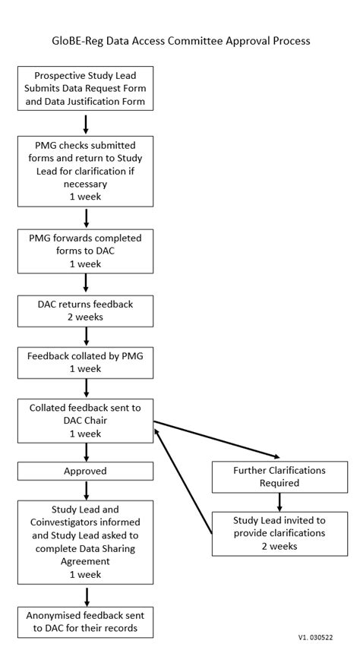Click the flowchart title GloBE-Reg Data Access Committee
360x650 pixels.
180,41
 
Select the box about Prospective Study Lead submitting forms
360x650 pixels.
86,88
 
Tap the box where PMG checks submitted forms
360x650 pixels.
86,172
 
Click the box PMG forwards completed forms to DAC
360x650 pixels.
86,251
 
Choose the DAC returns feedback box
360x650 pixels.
86,311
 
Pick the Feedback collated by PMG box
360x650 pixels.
86,361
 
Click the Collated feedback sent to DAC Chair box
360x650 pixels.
86,420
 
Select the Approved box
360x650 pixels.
86,472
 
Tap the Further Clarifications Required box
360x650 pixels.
280,477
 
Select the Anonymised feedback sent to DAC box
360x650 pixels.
86,621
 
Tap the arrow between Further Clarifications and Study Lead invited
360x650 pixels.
280,502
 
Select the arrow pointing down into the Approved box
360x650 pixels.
86,452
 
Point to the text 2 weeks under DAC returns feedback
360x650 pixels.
86,317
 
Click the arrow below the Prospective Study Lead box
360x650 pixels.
86,123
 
